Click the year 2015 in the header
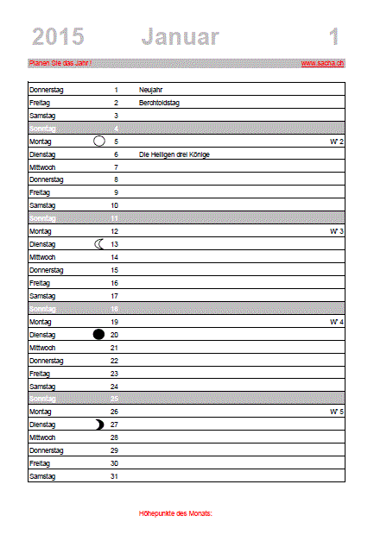pos(58,36)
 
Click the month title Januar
pos(180,36)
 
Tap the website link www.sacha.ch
pos(323,63)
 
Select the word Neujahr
pos(150,89)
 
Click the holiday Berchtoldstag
pos(158,102)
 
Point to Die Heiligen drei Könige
pos(174,154)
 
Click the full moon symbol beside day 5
pos(99,141)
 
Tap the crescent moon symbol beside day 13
pos(99,244)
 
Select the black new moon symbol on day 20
pos(99,335)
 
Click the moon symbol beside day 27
pos(99,425)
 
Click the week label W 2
pos(337,141)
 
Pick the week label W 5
pos(337,412)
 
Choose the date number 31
pos(114,476)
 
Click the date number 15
pos(114,270)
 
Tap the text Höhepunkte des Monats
pos(175,513)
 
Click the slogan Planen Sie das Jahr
pos(60,63)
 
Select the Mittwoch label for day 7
pos(42,167)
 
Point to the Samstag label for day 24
pos(42,386)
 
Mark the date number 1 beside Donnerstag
pos(116,89)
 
